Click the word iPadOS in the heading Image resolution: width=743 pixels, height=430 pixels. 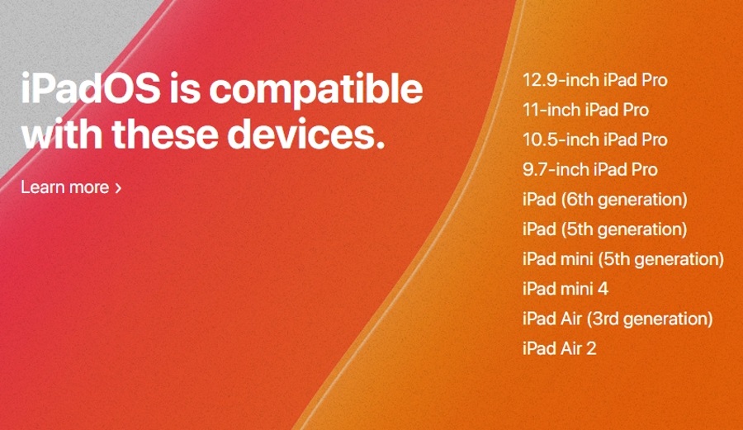91,88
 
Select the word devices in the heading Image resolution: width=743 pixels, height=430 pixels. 305,134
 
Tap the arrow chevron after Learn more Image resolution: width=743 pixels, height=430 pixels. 118,188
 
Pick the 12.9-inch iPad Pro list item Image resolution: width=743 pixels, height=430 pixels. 594,80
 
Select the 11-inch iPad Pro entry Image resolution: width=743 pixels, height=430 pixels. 585,110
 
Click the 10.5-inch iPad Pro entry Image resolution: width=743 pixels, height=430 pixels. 594,139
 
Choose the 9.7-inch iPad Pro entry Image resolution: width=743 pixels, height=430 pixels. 590,169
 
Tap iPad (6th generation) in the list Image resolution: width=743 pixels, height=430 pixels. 604,200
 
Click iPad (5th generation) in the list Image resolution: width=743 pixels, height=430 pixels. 604,229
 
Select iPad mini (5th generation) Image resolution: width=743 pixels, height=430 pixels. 623,259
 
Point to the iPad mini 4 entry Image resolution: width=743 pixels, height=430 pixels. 566,289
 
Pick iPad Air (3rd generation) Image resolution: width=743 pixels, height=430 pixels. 618,319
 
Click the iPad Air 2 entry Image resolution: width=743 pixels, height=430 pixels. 559,348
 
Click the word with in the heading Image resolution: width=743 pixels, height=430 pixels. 62,134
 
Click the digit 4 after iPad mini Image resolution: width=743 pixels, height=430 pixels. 603,289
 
